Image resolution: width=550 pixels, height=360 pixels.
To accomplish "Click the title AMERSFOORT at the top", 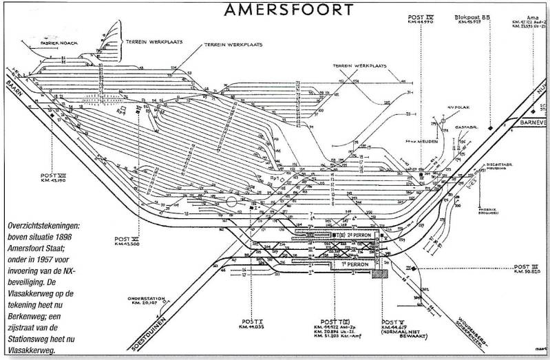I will pos(289,9).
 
